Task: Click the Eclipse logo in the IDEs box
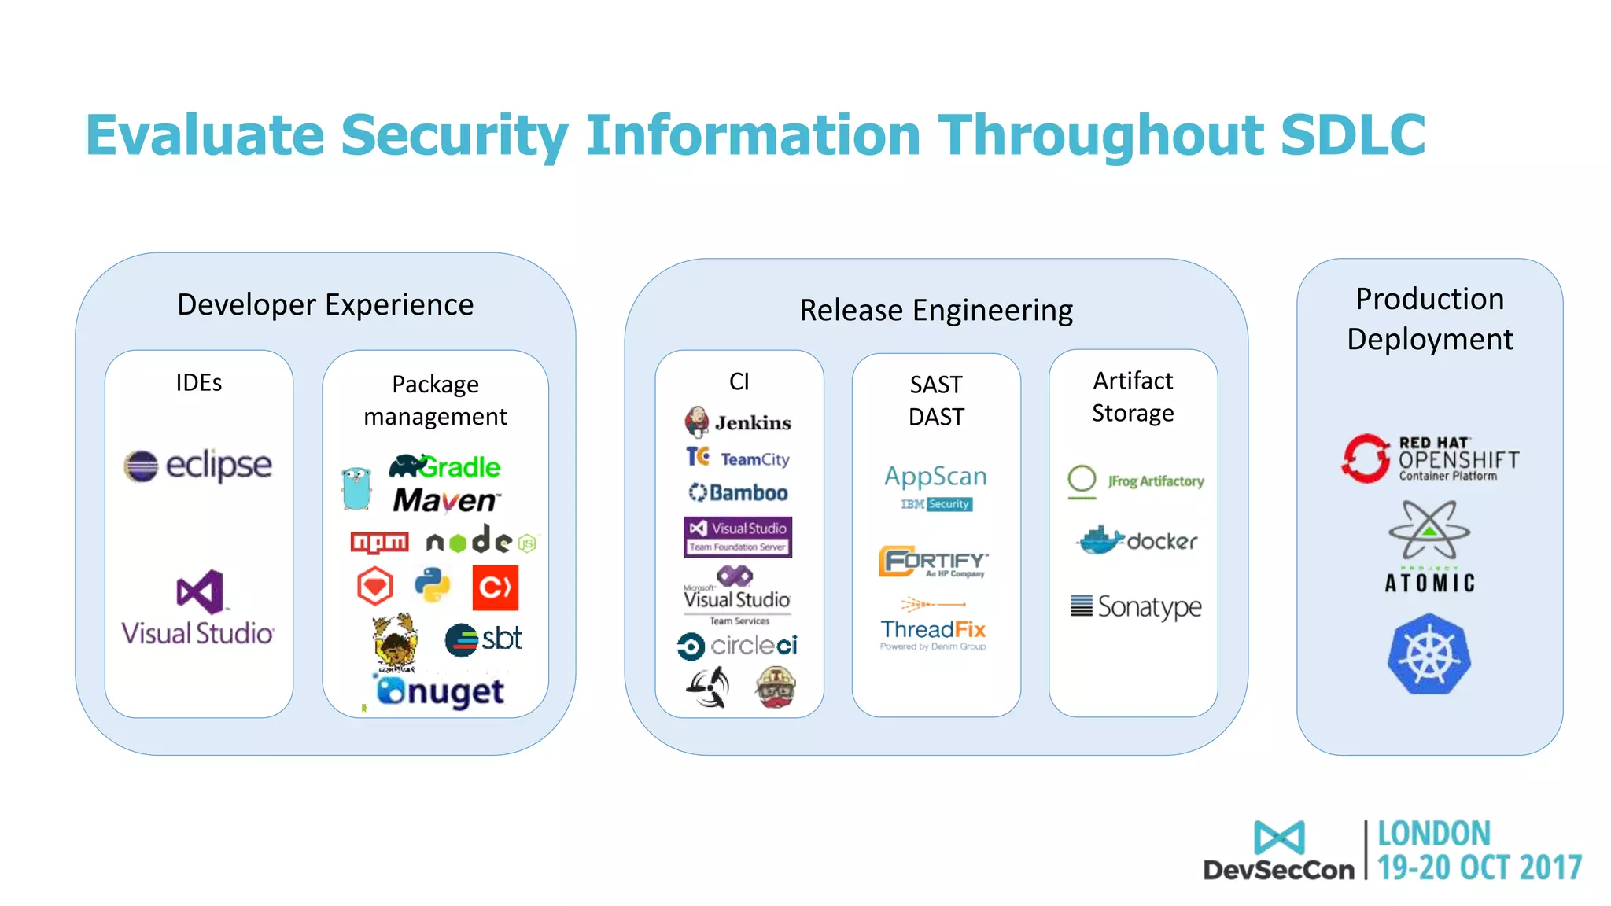(x=197, y=466)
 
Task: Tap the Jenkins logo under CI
(x=737, y=422)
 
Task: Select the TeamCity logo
(x=737, y=458)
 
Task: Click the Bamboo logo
(x=738, y=492)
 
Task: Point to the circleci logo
(x=737, y=646)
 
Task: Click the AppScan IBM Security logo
(x=935, y=486)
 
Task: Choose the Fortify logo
(x=934, y=561)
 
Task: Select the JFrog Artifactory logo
(x=1135, y=481)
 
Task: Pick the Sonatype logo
(x=1135, y=606)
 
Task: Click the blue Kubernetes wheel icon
(x=1429, y=654)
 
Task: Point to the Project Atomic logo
(x=1429, y=547)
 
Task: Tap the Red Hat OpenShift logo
(x=1429, y=459)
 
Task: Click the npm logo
(x=379, y=543)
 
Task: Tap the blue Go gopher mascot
(x=356, y=488)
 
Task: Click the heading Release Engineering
(x=935, y=310)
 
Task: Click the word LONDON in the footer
(x=1433, y=834)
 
